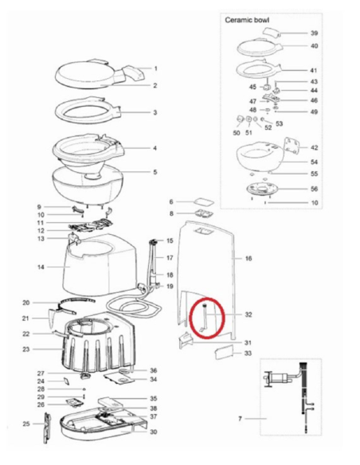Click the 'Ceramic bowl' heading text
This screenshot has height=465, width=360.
click(247, 20)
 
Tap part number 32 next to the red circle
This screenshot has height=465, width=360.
click(248, 315)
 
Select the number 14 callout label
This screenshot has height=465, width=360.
click(41, 267)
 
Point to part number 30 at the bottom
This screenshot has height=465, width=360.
click(153, 432)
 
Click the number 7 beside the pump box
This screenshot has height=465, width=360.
click(241, 419)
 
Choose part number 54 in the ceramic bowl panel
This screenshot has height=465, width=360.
click(314, 162)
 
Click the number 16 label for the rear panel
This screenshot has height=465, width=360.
click(248, 259)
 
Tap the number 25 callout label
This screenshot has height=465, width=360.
click(26, 424)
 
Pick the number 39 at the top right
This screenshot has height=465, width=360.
click(315, 33)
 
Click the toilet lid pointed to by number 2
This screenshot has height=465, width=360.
click(86, 74)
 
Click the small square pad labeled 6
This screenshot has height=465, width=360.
click(204, 202)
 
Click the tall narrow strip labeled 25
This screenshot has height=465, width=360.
click(47, 428)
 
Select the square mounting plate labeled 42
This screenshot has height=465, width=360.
click(291, 147)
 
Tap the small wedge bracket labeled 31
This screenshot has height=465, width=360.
click(185, 340)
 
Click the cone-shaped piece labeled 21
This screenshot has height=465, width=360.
click(53, 318)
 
